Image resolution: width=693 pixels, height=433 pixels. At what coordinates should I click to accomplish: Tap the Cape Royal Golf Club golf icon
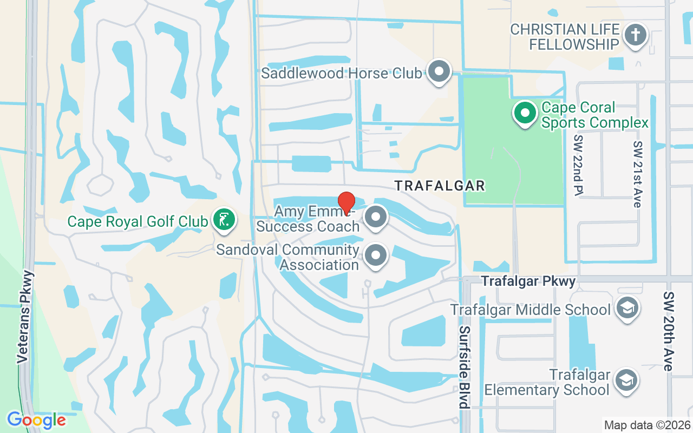click(224, 220)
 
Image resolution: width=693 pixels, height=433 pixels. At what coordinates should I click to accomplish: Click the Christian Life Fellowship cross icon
click(636, 36)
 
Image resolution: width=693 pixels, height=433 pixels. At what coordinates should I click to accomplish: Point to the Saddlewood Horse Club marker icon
click(439, 71)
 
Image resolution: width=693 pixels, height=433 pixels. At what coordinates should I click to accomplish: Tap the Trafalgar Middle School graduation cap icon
click(627, 309)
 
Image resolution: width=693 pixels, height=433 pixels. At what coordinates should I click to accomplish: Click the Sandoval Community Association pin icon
click(376, 255)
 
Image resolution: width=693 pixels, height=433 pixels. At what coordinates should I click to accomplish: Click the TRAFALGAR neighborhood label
click(440, 186)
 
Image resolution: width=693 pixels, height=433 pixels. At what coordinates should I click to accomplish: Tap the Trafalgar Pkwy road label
click(528, 281)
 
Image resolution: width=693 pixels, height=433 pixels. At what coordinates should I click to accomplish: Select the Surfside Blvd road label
click(464, 367)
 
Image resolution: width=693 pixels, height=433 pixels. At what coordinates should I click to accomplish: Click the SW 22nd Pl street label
click(578, 164)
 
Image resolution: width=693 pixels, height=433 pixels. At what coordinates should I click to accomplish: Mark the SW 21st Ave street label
click(638, 174)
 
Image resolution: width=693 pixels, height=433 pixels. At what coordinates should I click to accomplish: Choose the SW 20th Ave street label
click(669, 331)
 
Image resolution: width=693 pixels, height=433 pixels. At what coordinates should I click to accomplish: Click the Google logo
click(36, 419)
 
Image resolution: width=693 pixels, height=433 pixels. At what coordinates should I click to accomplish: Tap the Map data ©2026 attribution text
click(647, 425)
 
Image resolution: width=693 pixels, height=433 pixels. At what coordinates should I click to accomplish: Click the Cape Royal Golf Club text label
click(138, 221)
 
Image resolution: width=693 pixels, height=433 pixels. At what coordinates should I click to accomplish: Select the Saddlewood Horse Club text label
click(341, 73)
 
